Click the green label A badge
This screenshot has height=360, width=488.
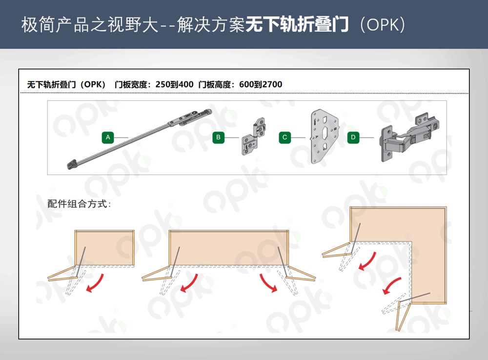coord(108,138)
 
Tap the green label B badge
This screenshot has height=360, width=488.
coord(219,138)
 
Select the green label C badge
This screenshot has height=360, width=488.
coord(285,138)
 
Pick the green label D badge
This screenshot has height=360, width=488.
coord(353,138)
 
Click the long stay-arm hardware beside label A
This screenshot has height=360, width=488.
coord(139,139)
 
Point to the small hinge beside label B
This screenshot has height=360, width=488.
coord(254,136)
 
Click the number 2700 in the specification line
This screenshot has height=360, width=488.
coord(272,84)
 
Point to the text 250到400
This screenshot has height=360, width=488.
coord(174,84)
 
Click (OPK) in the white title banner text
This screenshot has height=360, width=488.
coord(383,24)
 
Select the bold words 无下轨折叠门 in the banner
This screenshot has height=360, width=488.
coord(297,24)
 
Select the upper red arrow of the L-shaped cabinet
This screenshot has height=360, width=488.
coord(367,261)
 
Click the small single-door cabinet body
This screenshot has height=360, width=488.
coord(104,248)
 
